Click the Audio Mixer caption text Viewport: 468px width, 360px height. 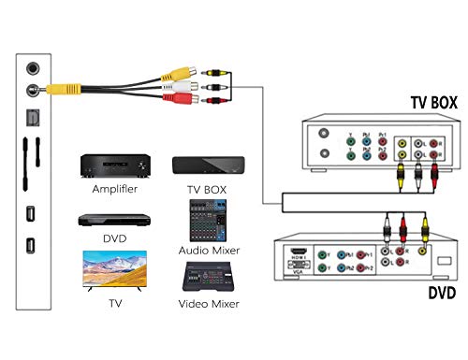tap(209, 251)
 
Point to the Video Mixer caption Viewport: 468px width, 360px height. tap(209, 303)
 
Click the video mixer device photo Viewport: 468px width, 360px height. tap(208, 277)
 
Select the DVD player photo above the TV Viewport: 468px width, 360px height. tap(114, 220)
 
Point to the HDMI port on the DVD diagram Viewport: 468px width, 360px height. tap(297, 253)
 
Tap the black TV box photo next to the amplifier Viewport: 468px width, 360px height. tap(208, 166)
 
